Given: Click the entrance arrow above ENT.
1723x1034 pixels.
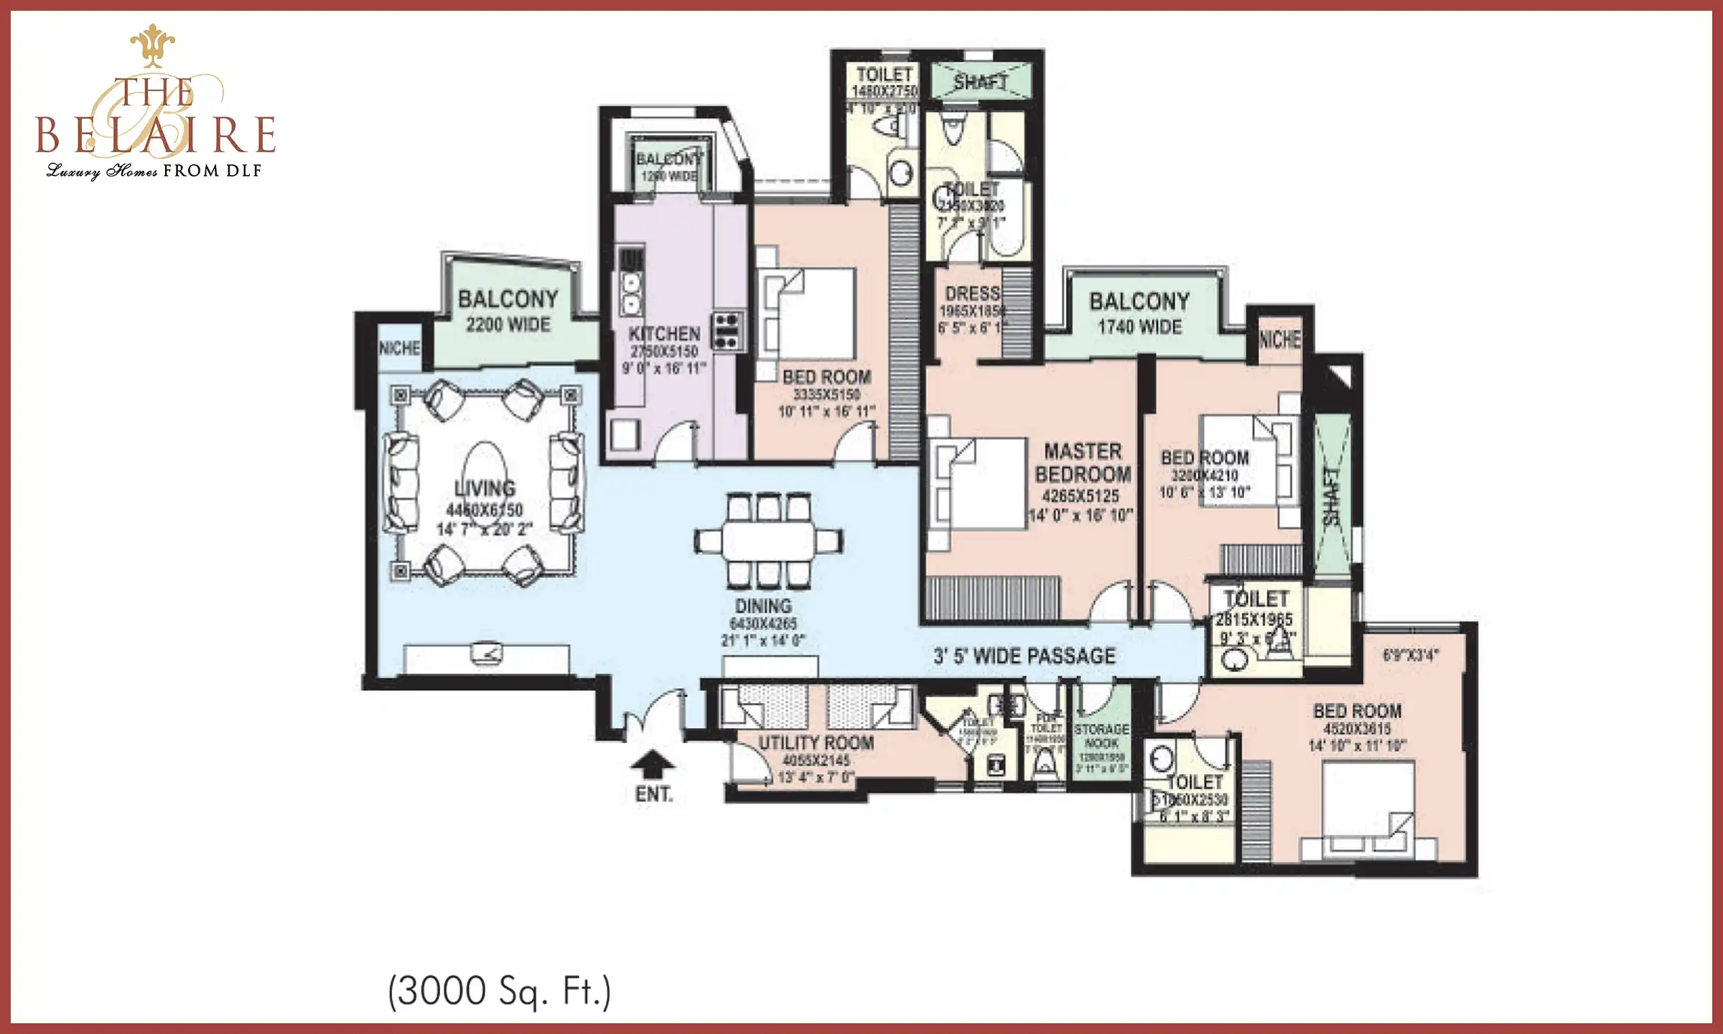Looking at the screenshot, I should point(653,765).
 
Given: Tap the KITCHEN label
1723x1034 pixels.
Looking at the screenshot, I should point(664,334).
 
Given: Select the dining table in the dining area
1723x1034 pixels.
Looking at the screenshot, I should point(768,540).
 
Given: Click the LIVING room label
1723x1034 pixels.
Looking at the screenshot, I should point(485,488).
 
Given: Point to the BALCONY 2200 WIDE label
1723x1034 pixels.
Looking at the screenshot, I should point(508,311).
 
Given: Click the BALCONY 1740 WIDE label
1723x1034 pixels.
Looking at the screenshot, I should point(1139,313).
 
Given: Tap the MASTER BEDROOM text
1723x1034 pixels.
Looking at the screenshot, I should point(1083,462).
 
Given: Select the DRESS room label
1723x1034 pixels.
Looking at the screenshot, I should point(973,293).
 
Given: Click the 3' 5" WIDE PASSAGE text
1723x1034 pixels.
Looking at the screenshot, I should point(1024,656).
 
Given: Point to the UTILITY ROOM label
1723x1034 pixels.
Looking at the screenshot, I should point(816,742).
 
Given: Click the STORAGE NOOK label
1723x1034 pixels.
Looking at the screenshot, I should point(1101,735).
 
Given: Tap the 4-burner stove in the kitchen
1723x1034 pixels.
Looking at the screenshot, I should point(727,331).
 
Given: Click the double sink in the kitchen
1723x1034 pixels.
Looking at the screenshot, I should point(631,294).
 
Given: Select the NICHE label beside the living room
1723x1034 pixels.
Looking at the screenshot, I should point(400,348).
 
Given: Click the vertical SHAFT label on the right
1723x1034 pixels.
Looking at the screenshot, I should point(1332,495).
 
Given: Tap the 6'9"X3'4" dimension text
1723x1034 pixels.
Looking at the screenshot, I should point(1411,655).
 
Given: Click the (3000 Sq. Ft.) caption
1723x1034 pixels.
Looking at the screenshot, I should point(499,992).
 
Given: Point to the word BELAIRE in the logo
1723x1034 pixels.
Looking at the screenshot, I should point(156,134).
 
